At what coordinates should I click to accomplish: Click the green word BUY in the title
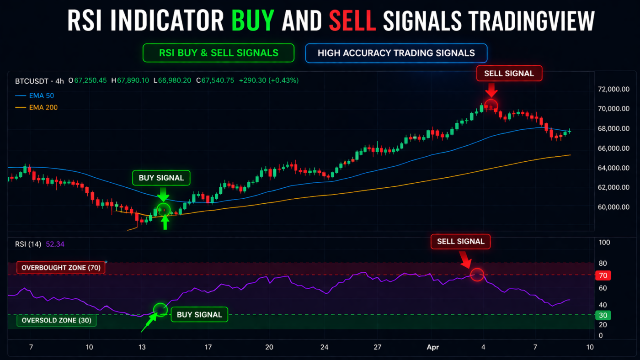253,21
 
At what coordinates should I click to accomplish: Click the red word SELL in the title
352,21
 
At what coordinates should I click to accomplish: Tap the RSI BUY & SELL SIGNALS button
219,53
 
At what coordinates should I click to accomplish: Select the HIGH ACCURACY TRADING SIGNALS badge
396,53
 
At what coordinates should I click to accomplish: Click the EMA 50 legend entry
34,96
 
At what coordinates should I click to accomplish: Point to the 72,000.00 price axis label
613,89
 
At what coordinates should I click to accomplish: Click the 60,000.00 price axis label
613,207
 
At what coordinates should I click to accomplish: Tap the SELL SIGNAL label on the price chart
509,73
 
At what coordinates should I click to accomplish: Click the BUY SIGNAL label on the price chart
161,178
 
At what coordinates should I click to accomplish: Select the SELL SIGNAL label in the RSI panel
460,241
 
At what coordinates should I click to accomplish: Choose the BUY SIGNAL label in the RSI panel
199,314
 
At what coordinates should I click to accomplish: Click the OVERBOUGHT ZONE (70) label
61,268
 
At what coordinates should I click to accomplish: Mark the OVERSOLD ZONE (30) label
56,320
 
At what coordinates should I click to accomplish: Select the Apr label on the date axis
432,347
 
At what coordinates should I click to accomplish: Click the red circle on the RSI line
477,275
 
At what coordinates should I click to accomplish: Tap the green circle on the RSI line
160,309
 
